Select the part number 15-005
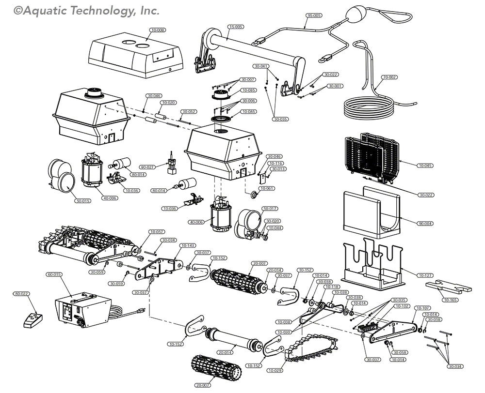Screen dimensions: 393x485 236,27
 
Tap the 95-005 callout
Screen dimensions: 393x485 314,15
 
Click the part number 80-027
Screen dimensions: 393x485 147,167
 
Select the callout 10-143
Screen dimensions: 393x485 187,245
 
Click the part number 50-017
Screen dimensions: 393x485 270,209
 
